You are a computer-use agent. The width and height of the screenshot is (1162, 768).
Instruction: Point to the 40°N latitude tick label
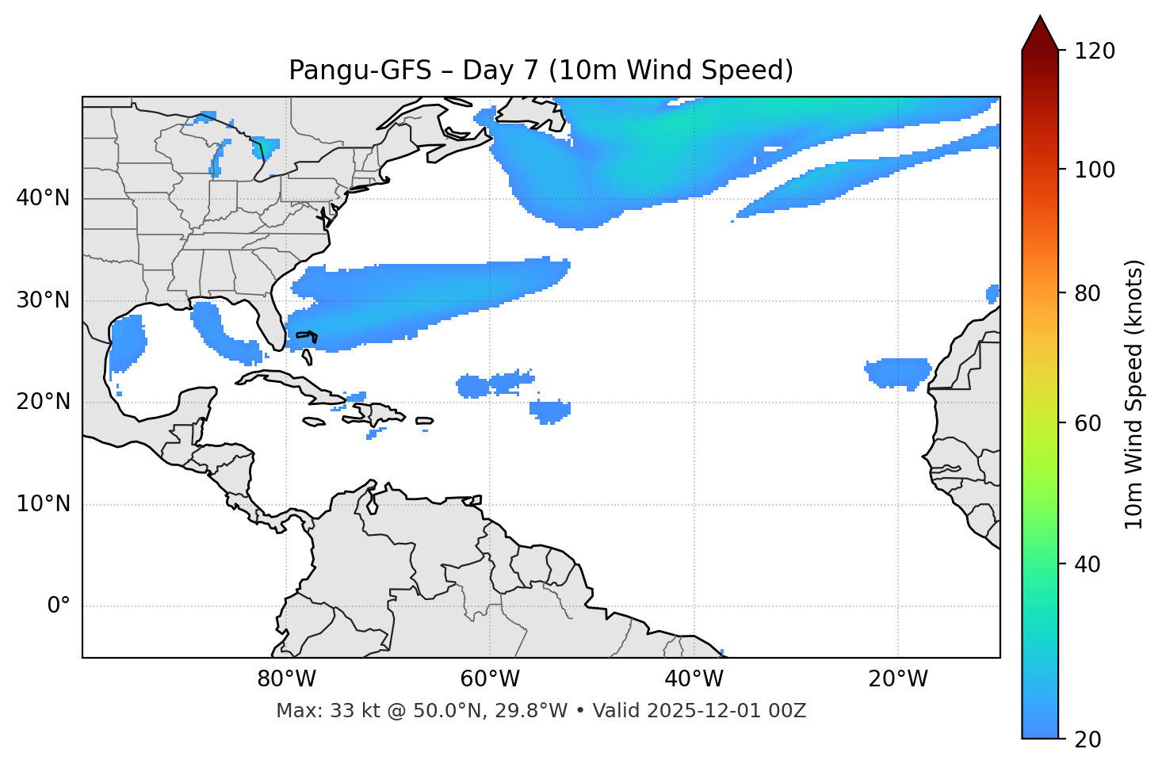(x=43, y=198)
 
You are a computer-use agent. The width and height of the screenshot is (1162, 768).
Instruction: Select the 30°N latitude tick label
(x=43, y=300)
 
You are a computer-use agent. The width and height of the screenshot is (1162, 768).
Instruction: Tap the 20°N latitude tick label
(x=43, y=402)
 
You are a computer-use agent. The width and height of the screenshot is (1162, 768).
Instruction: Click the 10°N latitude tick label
(x=43, y=504)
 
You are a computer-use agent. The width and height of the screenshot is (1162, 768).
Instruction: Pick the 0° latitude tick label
(x=59, y=606)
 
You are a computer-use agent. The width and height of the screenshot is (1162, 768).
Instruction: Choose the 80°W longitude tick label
(x=286, y=679)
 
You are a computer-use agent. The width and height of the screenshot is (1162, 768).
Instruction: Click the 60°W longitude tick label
(x=490, y=679)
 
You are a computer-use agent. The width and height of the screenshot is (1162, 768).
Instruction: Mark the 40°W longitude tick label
(x=694, y=679)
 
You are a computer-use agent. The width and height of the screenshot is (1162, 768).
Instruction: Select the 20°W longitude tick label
(x=898, y=679)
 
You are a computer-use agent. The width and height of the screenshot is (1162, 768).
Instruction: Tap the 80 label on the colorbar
(x=1091, y=293)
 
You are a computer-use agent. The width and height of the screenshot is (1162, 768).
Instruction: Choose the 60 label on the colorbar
(x=1091, y=423)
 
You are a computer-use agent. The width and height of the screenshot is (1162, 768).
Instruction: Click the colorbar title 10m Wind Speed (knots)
(x=1134, y=394)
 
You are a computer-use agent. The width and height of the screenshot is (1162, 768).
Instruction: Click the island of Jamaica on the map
(x=314, y=422)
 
